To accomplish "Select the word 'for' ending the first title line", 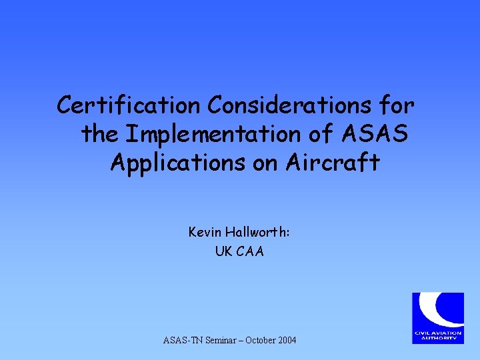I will tap(396, 105).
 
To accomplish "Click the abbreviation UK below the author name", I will tap(223, 251).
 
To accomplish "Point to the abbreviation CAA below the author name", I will tap(250, 251).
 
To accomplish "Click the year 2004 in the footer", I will tap(288, 341).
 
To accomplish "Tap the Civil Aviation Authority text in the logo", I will tap(437, 336).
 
